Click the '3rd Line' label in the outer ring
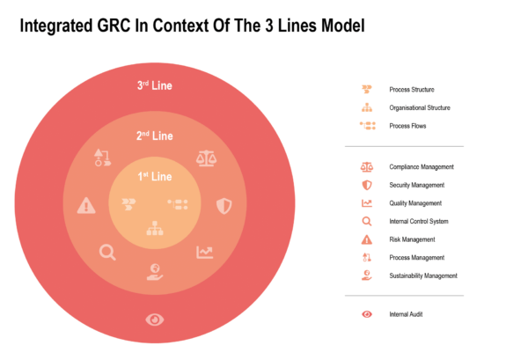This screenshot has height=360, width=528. tap(154, 86)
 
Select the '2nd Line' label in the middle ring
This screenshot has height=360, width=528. tap(154, 136)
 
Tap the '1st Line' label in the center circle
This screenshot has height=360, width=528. tap(154, 177)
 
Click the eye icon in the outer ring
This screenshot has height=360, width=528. tap(154, 319)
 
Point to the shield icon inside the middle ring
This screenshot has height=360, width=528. tap(223, 205)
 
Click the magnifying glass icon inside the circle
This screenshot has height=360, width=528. tap(107, 253)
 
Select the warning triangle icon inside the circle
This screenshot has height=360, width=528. tap(86, 205)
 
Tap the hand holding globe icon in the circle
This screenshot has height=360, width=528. tap(154, 272)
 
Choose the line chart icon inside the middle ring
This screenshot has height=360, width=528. tap(204, 253)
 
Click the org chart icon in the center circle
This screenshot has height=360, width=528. tap(154, 227)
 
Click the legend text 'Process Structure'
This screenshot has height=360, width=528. tap(411, 89)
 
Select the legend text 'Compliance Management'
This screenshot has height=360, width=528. tap(422, 166)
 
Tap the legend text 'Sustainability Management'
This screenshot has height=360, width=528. tap(423, 276)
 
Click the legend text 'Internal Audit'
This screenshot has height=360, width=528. tap(406, 314)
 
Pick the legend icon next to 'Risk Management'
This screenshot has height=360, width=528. tap(367, 239)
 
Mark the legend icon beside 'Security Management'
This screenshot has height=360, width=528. tap(367, 185)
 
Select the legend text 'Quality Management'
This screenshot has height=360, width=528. tap(416, 203)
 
